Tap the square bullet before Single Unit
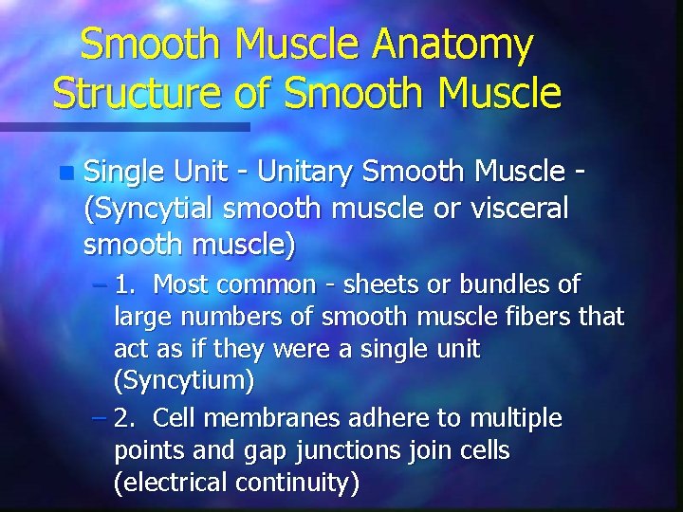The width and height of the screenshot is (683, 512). [65, 174]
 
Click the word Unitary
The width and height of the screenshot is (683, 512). [308, 173]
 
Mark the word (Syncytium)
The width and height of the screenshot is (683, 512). [184, 383]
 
